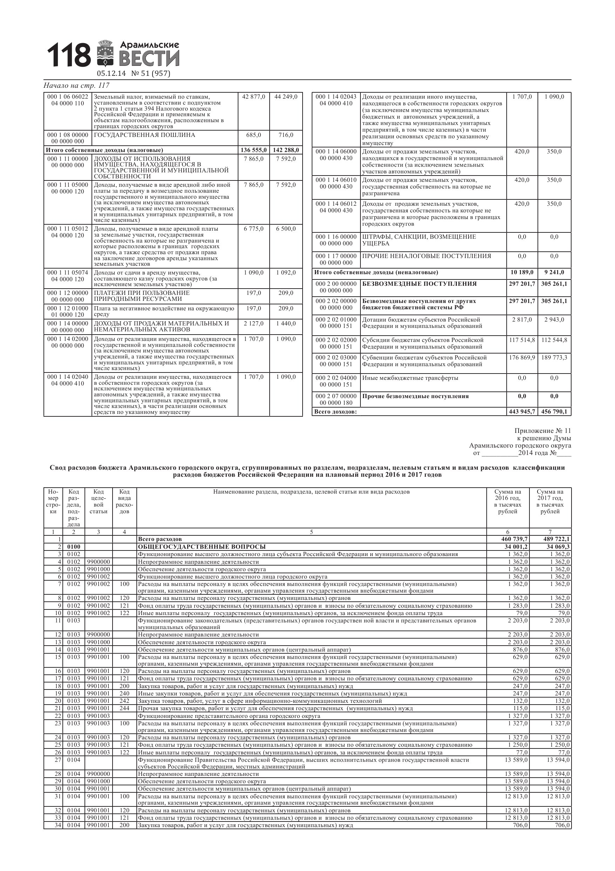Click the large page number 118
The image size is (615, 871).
click(69, 55)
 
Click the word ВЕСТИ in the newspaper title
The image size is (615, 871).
click(149, 58)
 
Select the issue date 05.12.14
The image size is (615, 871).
click(111, 74)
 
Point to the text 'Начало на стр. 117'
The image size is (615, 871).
click(76, 86)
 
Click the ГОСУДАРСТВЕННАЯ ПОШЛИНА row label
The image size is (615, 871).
click(144, 135)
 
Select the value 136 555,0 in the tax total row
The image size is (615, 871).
click(254, 150)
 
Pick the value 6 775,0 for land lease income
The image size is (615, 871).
click(254, 229)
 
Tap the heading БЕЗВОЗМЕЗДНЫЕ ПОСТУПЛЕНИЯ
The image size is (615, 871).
click(419, 284)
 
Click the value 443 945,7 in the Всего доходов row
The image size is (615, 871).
click(522, 411)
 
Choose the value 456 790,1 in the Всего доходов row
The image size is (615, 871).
click(554, 411)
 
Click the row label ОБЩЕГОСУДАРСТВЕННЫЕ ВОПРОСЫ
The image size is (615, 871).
click(202, 547)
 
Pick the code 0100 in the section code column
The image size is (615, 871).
click(74, 547)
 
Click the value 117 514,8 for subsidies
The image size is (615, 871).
click(522, 340)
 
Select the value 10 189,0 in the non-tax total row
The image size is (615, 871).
click(522, 272)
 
